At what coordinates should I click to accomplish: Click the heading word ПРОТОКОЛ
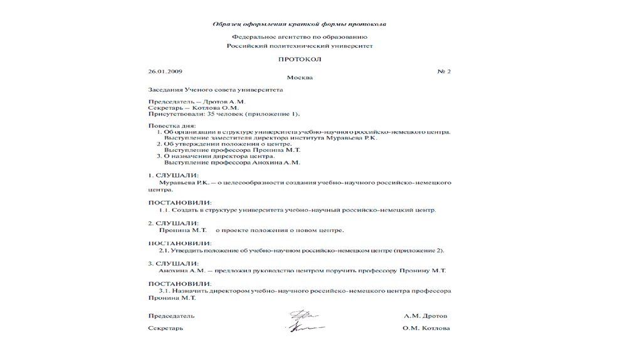(x=299, y=59)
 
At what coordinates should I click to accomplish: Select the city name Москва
(x=299, y=78)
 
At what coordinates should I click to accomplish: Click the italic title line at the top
(x=299, y=24)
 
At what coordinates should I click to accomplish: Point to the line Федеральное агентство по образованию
(x=299, y=38)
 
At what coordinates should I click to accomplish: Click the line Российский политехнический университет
(x=299, y=46)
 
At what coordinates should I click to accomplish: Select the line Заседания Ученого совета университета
(x=215, y=90)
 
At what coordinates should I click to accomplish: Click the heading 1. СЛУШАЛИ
(x=174, y=175)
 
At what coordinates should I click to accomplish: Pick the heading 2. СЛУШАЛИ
(x=174, y=223)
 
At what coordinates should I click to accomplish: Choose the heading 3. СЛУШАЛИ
(x=174, y=263)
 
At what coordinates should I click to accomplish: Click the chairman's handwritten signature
(x=303, y=315)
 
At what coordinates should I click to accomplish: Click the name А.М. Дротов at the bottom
(x=426, y=315)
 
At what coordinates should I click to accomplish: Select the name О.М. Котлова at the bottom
(x=426, y=328)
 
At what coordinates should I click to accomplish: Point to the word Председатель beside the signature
(x=171, y=315)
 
